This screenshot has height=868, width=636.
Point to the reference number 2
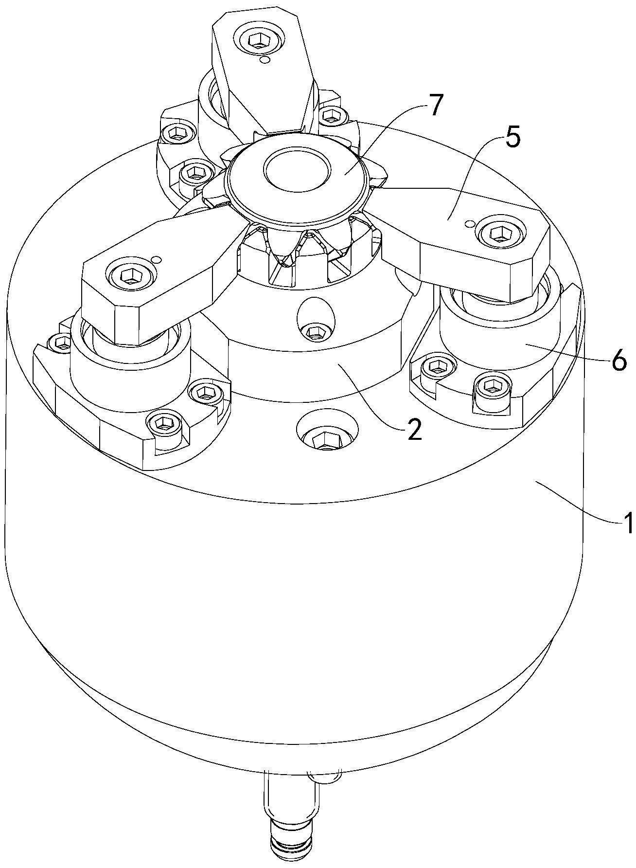[x=414, y=428]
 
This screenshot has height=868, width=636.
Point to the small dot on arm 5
[x=469, y=223]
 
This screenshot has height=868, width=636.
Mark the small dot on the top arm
[x=265, y=60]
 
